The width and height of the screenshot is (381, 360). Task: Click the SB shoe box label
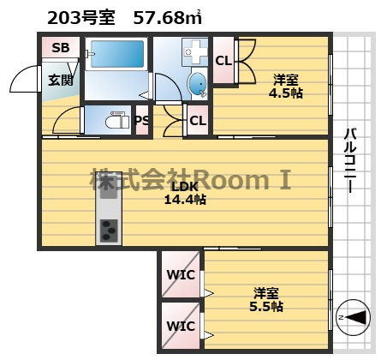[61, 47]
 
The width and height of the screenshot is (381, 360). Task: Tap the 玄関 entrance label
[60, 80]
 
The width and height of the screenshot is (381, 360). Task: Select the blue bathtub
[117, 54]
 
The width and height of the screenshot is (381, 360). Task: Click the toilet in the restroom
[117, 122]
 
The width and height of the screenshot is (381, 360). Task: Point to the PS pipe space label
[142, 120]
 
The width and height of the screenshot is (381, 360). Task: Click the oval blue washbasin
[197, 84]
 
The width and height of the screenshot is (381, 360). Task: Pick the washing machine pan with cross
[195, 51]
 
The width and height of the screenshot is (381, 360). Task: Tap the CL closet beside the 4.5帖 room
[223, 61]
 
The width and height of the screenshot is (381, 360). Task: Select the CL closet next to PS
[198, 121]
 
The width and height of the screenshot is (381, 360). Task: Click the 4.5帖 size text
[286, 93]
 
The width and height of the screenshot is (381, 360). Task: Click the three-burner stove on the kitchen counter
[109, 231]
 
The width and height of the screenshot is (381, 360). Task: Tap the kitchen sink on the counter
[109, 189]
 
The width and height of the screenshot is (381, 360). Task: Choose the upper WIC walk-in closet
[181, 274]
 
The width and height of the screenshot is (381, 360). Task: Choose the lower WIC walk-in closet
[181, 326]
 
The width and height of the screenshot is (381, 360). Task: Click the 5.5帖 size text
[266, 307]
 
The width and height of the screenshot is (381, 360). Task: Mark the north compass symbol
[353, 317]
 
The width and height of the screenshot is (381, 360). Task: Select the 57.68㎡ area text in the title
[168, 18]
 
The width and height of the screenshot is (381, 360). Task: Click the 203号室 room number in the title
[81, 18]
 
